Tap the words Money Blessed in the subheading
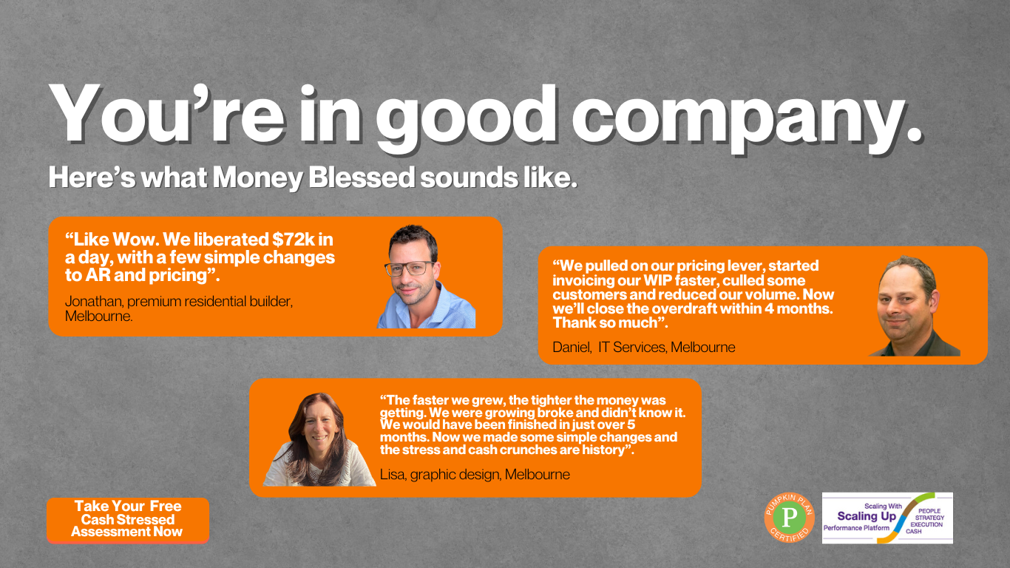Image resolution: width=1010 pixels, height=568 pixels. [x=313, y=177]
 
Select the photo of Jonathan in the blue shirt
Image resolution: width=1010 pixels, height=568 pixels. [x=426, y=276]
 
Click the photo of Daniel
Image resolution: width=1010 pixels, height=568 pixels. [x=914, y=306]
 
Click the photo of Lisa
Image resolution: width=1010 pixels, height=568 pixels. [x=319, y=439]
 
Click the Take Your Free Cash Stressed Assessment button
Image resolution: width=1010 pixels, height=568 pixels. [x=128, y=520]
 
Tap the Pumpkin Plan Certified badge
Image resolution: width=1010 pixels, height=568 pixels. [x=789, y=518]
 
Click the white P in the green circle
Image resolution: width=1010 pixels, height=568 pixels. [x=790, y=517]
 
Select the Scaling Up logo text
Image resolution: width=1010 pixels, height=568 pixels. [x=867, y=515]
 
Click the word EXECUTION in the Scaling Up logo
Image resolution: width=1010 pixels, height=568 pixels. [x=926, y=524]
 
